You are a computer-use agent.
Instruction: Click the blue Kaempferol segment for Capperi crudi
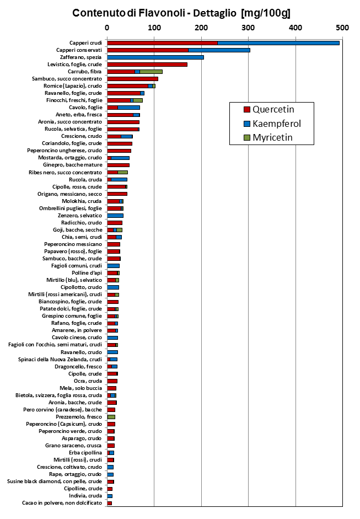click(278, 43)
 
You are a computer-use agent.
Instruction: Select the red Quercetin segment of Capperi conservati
click(148, 50)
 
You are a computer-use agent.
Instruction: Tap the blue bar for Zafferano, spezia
click(155, 57)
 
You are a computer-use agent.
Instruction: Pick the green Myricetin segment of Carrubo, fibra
click(151, 72)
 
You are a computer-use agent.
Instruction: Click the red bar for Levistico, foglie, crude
click(147, 65)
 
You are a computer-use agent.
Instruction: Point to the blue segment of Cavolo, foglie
click(128, 108)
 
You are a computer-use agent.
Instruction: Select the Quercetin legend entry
click(269, 110)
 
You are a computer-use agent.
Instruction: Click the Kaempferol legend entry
click(272, 124)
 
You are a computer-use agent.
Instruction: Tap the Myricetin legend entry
click(268, 138)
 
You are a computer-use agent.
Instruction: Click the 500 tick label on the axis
click(342, 28)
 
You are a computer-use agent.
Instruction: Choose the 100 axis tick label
click(154, 28)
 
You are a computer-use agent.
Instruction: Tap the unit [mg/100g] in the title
click(266, 13)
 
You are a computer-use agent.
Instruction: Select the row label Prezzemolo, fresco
click(79, 417)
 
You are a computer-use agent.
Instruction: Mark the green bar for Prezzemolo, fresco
click(111, 417)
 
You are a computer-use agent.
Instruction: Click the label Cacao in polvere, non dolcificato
click(62, 503)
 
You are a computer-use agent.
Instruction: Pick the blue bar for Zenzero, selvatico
click(115, 216)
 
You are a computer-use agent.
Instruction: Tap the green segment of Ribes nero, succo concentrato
click(123, 173)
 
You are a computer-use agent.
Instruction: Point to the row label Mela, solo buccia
click(80, 388)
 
